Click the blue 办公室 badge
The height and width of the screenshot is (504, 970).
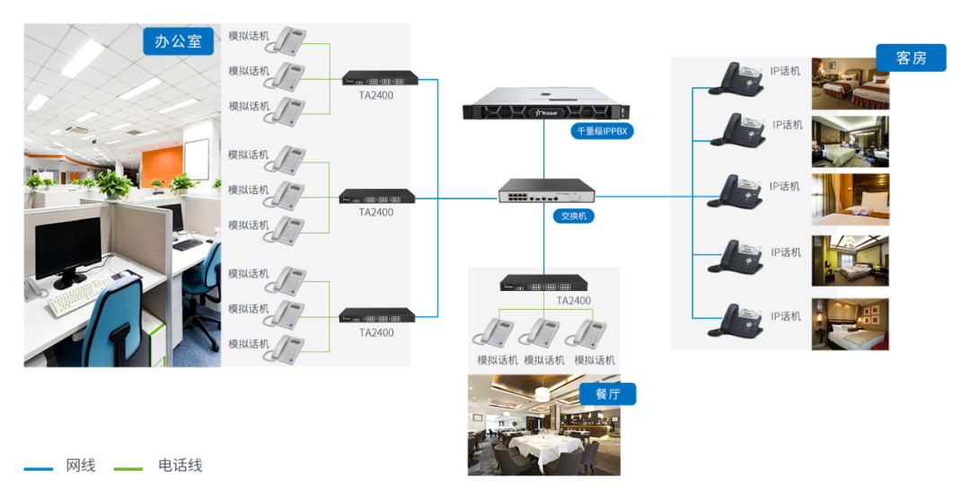tap(178, 40)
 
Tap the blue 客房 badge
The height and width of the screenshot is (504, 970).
tap(911, 57)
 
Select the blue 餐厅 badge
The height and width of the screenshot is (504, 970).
tap(607, 393)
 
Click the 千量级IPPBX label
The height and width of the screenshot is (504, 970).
tap(602, 131)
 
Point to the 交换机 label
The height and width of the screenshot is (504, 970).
tap(573, 217)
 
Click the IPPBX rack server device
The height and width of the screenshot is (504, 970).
tap(546, 103)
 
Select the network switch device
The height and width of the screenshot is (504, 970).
tap(547, 190)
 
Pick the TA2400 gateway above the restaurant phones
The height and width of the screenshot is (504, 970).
tap(543, 283)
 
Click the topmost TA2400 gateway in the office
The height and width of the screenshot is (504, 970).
tap(381, 78)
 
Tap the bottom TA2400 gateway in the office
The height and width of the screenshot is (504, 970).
tap(377, 315)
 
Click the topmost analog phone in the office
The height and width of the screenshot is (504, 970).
tap(286, 40)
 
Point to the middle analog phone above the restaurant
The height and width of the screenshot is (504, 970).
tap(540, 333)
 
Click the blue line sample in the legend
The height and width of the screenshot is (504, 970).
tap(39, 469)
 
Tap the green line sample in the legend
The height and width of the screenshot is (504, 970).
tap(128, 469)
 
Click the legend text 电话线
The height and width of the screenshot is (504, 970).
tap(180, 465)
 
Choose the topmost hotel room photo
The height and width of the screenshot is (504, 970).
tap(851, 84)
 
